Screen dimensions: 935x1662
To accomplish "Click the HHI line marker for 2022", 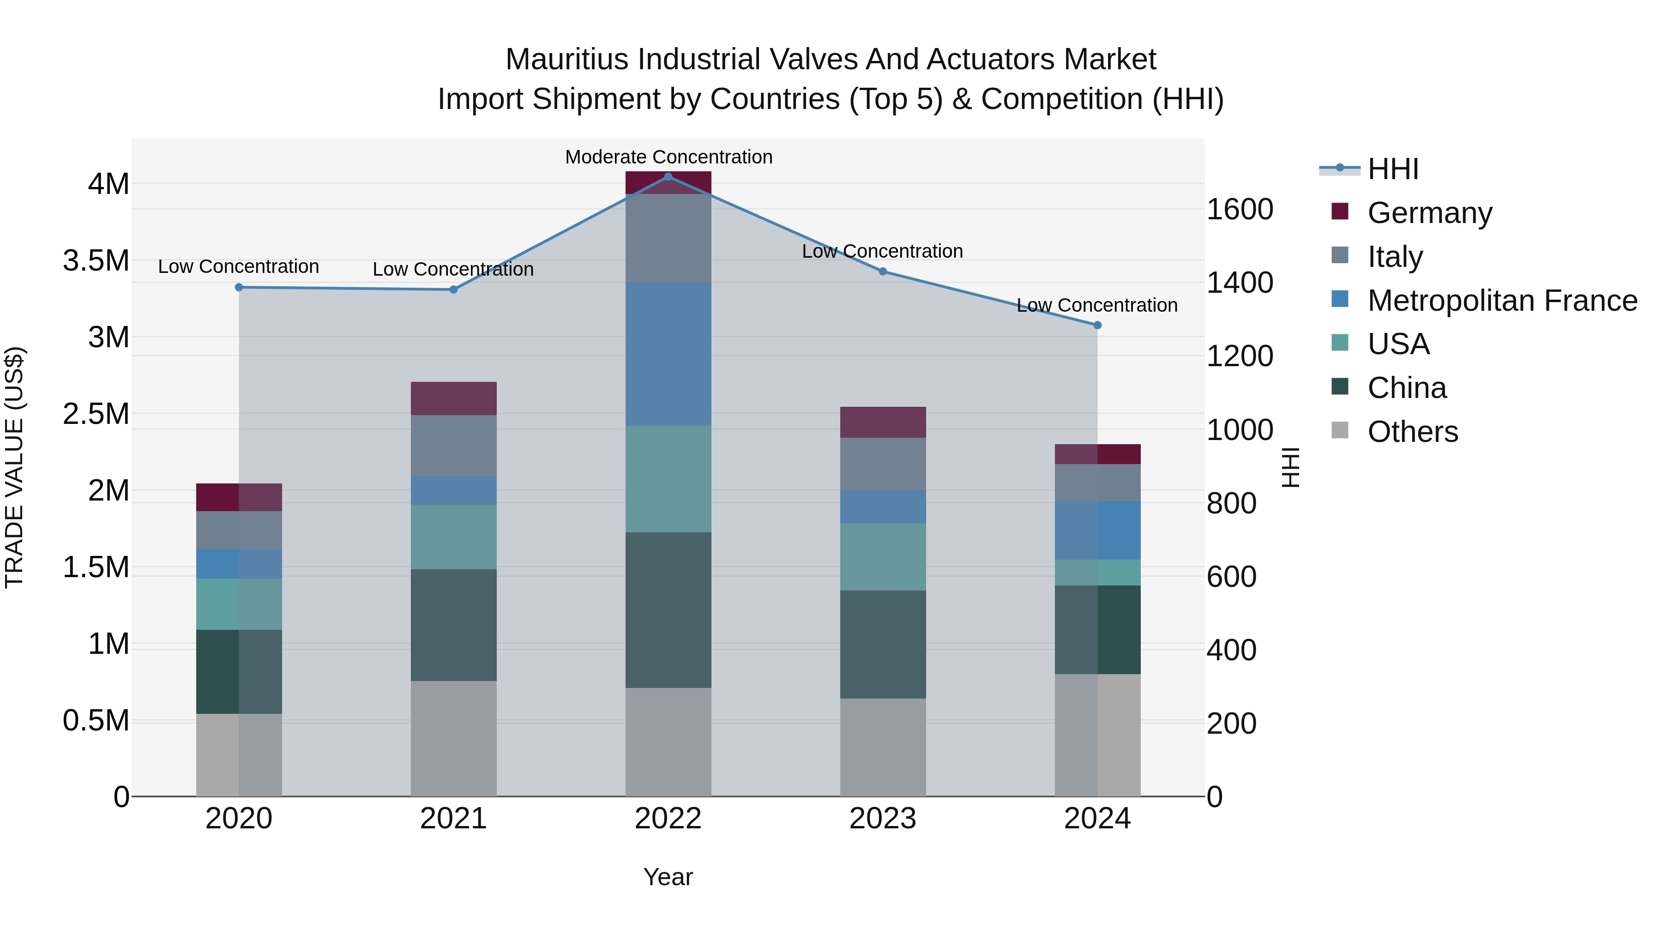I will pos(668,176).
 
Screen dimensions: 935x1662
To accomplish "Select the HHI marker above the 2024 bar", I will pos(1097,325).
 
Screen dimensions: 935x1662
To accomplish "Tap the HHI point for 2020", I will pos(239,287).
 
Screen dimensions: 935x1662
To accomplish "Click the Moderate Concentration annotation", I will pos(668,157).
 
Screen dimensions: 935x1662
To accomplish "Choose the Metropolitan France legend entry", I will pos(1501,300).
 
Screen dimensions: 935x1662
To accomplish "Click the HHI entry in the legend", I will pos(1392,169).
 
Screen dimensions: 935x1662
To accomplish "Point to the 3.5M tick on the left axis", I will pos(96,261).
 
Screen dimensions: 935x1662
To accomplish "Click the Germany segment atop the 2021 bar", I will pos(453,398).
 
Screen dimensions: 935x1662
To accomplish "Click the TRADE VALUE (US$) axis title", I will pos(14,467).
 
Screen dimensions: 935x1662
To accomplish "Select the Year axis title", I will pos(668,877).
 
